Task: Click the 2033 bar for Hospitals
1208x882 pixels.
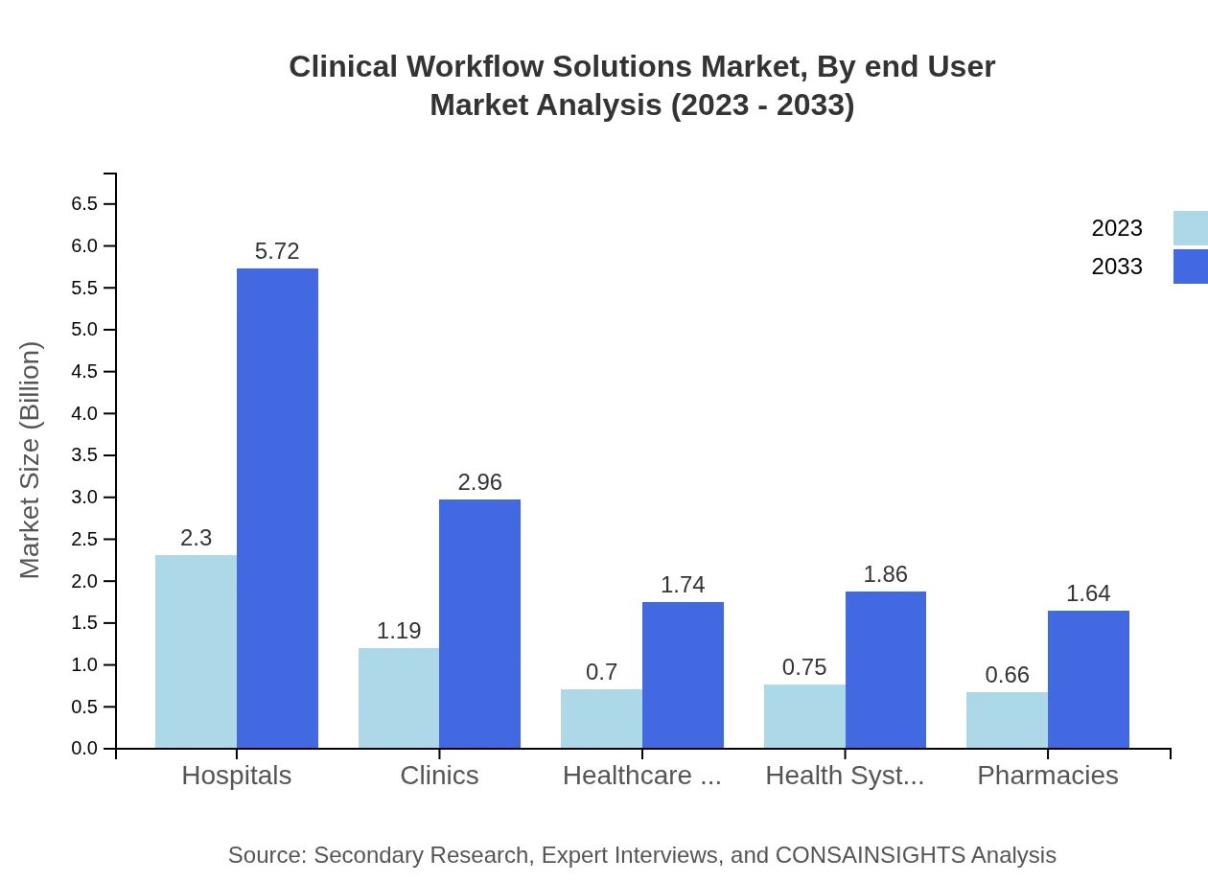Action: [x=277, y=508]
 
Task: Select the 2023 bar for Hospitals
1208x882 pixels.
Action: [x=196, y=651]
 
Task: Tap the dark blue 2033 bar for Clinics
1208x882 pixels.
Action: [x=479, y=623]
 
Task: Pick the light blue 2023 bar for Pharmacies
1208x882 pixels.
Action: [x=1007, y=720]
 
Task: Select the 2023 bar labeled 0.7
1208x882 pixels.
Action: [x=601, y=718]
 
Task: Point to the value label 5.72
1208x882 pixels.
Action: [x=277, y=251]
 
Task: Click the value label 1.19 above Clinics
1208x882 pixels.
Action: [x=398, y=631]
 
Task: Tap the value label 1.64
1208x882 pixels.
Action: [x=1088, y=593]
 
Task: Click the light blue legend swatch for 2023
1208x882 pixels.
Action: [x=1190, y=228]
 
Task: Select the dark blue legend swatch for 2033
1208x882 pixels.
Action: [x=1190, y=267]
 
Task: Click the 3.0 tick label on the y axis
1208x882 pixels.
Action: [x=84, y=498]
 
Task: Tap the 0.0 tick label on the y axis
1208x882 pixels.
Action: [x=84, y=749]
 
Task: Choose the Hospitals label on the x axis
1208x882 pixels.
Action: [x=237, y=775]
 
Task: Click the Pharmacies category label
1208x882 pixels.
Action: [x=1047, y=775]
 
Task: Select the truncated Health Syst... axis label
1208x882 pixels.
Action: [x=845, y=775]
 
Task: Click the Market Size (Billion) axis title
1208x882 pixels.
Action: [x=31, y=460]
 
